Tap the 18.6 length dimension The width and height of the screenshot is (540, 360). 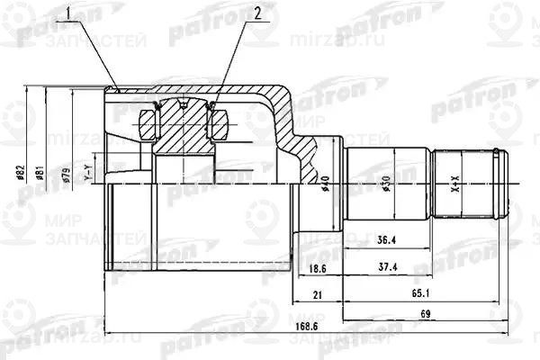pos(316,268)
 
